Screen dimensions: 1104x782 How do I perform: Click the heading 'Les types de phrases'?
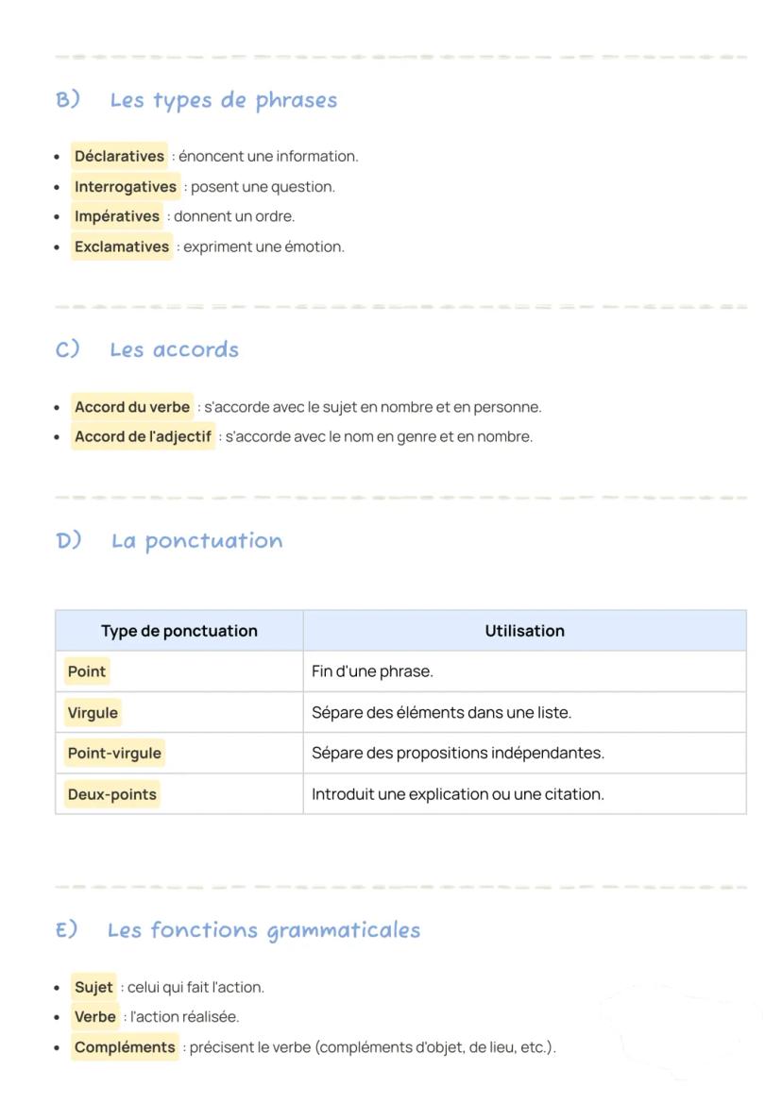pos(223,100)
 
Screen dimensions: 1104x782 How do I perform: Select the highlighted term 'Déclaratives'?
pos(119,156)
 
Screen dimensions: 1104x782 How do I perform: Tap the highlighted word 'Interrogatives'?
pos(126,186)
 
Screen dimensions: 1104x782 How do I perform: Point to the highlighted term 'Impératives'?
pos(117,216)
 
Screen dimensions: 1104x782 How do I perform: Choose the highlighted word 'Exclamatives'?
pos(122,246)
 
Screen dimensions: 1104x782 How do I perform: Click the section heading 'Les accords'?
pos(174,349)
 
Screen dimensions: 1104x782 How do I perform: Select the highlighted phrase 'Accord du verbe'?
pos(132,407)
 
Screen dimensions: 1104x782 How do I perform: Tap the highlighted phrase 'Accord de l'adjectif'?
pos(143,436)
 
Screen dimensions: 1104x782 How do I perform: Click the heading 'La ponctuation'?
pos(196,541)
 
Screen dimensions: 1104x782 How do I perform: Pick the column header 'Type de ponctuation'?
pos(179,631)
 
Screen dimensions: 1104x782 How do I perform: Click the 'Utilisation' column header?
pos(524,631)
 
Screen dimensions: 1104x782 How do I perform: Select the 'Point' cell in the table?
pos(87,671)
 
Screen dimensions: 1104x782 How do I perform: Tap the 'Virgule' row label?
pos(93,712)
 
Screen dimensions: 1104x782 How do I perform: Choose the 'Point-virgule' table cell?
pos(114,753)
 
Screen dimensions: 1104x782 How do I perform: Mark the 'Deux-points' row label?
pos(111,794)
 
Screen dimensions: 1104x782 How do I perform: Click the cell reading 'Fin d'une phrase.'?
pos(372,671)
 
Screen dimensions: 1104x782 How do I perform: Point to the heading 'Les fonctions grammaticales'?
pos(263,930)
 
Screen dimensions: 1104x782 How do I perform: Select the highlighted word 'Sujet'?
pos(93,987)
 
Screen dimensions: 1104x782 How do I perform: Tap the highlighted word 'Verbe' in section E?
pos(94,1017)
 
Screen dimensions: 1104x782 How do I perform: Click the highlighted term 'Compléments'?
pos(125,1047)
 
